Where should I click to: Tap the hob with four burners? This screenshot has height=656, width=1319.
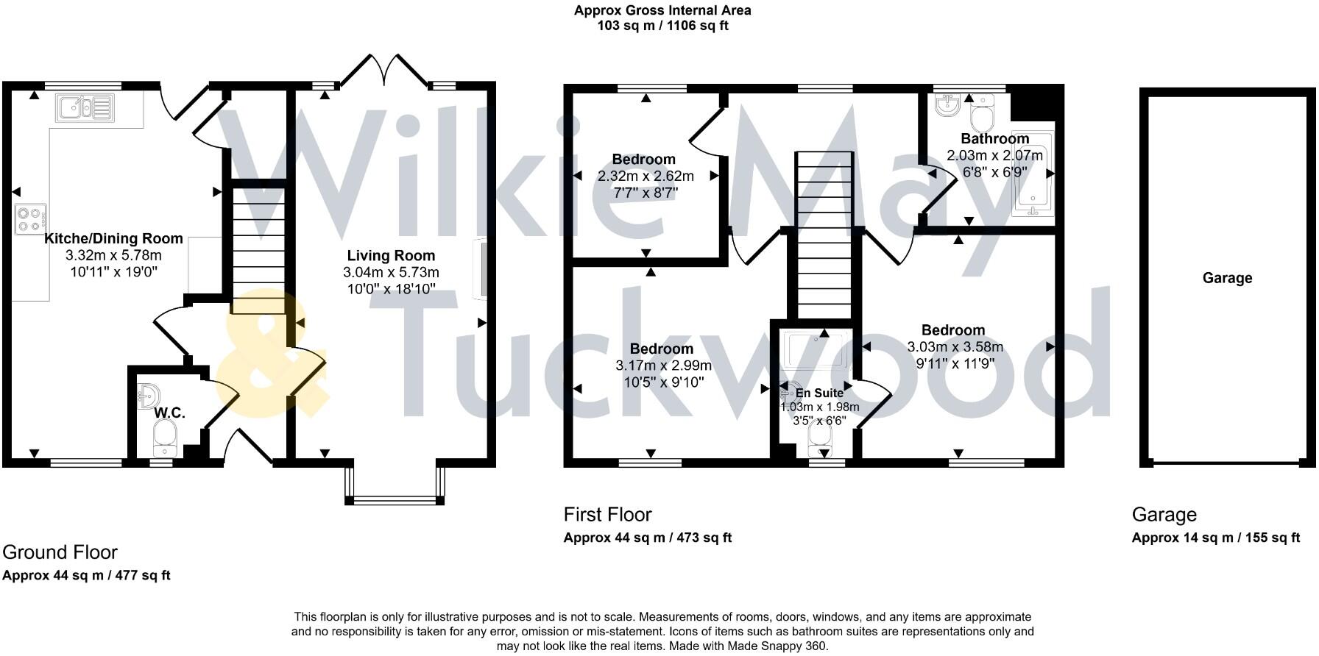(x=30, y=218)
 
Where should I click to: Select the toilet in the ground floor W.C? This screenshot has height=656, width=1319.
(x=166, y=439)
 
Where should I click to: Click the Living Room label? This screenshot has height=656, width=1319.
(x=391, y=256)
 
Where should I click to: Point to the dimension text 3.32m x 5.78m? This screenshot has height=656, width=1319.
(x=113, y=255)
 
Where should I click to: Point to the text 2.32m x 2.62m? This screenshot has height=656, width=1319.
(x=646, y=177)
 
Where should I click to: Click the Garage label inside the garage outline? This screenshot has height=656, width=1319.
(x=1227, y=278)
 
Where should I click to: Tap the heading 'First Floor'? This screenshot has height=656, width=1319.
(x=607, y=514)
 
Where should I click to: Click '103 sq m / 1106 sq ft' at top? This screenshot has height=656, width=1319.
(x=662, y=26)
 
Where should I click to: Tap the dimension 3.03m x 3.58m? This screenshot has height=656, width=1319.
(x=955, y=347)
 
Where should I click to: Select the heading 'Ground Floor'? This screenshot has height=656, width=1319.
(x=60, y=552)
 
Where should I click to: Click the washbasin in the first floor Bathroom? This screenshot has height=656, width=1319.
(x=947, y=107)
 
